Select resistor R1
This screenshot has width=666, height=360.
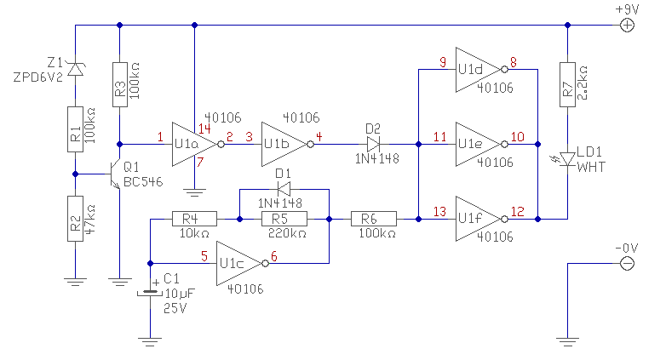click(76, 131)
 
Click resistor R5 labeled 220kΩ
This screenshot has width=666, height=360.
click(285, 219)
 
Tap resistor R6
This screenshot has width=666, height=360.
click(373, 219)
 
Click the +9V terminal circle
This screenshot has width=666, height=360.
click(626, 26)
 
